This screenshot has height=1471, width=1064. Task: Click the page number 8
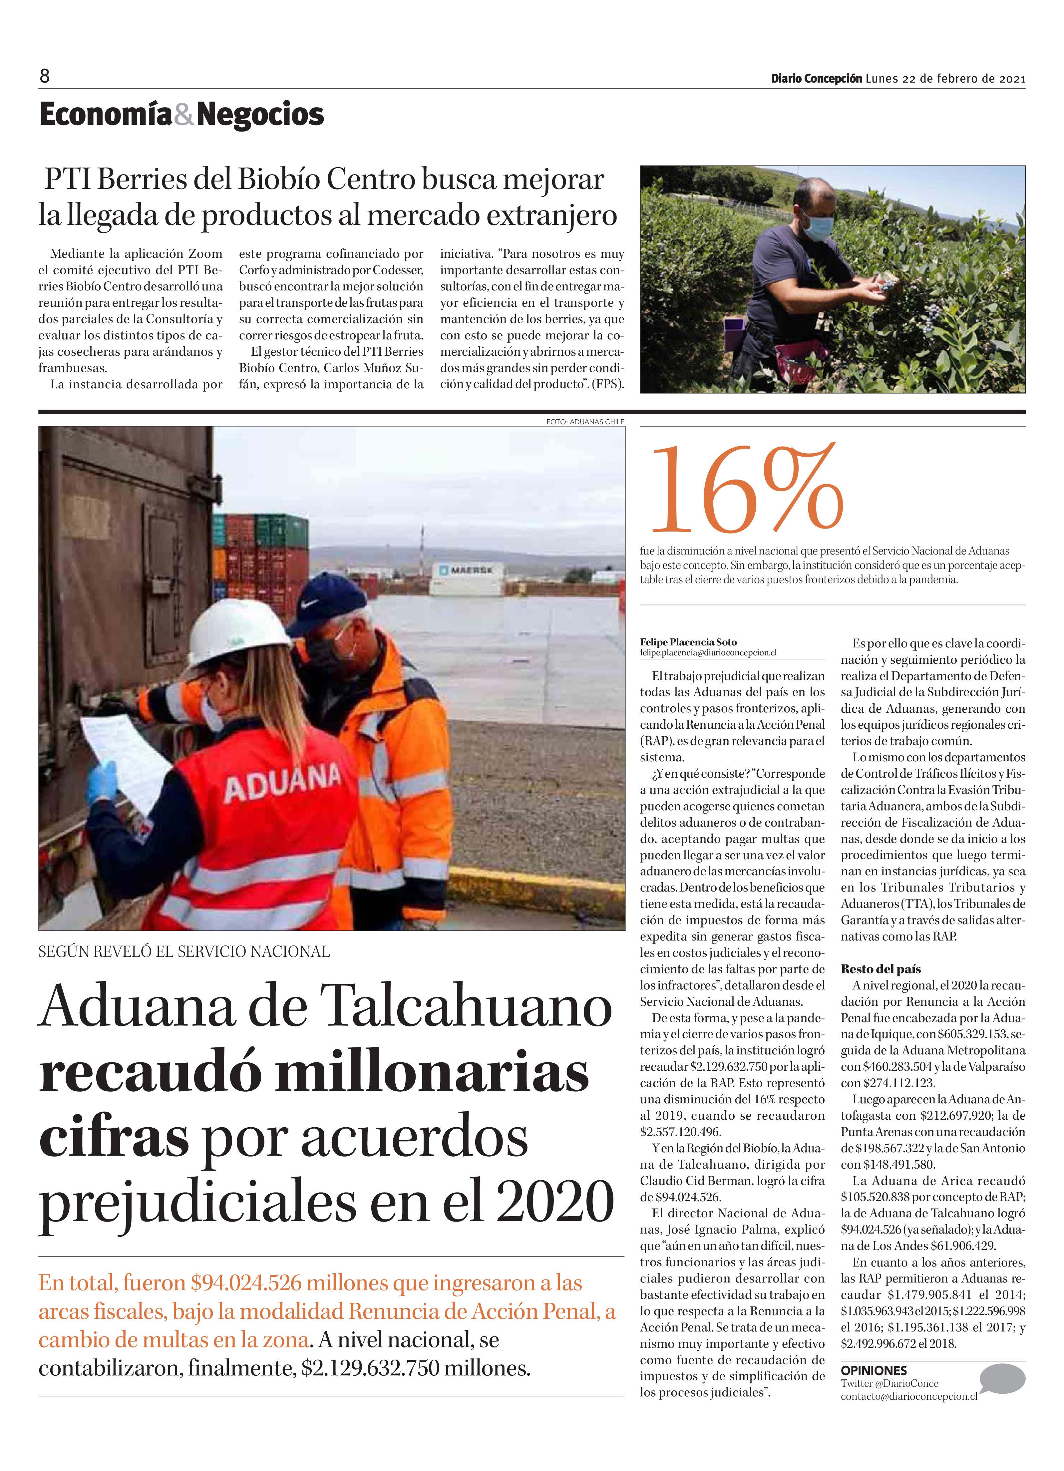pos(44,77)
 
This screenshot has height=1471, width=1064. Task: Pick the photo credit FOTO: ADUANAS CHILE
pos(585,422)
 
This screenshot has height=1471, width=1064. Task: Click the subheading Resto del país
pos(881,969)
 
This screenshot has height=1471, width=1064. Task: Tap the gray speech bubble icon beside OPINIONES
pos(1002,1378)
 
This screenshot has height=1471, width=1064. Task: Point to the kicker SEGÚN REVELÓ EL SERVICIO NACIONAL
pos(184,951)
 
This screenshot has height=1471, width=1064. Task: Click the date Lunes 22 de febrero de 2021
pos(945,79)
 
